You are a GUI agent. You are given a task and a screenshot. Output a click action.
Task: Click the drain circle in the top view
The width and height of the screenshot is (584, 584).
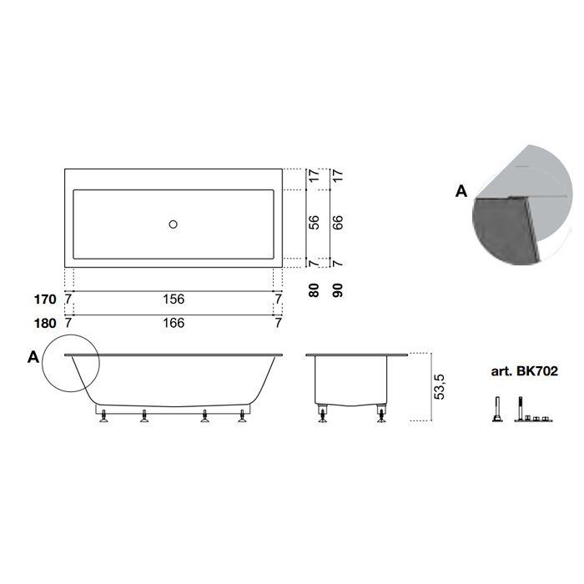click(x=173, y=224)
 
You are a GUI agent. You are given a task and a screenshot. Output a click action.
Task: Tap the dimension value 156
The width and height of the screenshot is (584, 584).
click(x=174, y=299)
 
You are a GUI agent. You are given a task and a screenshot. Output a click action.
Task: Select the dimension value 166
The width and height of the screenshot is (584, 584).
click(x=174, y=323)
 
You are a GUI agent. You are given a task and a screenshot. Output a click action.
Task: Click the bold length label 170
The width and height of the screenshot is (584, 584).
click(x=45, y=300)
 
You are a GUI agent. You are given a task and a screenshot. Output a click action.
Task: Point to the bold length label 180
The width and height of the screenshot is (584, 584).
click(x=45, y=324)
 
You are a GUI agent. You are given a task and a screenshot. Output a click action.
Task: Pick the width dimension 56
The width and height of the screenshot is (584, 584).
click(x=314, y=223)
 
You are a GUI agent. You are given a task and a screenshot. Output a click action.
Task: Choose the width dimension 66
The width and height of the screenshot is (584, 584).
click(x=337, y=223)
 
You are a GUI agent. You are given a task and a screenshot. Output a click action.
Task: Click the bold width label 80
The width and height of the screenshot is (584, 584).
click(x=314, y=290)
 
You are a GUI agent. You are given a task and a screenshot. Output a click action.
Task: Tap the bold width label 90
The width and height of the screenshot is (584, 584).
click(x=337, y=290)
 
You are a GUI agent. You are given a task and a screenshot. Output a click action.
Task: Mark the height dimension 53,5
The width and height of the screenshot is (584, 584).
click(x=440, y=387)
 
